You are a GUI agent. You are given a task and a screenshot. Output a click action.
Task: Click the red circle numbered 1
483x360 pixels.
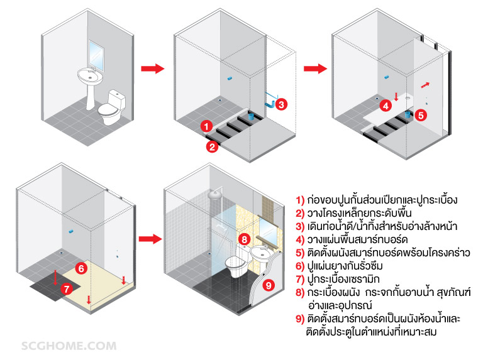tap(206, 126)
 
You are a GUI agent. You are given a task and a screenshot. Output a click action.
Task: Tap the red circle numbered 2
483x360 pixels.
tap(213, 146)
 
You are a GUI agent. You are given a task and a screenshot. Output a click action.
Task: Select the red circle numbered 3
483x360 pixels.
tap(281, 104)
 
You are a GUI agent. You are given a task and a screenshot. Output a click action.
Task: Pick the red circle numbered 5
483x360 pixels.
tap(421, 115)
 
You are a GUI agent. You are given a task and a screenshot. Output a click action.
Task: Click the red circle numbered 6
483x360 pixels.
tap(80, 268)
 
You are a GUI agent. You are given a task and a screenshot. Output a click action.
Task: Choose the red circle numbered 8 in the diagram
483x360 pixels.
tap(245, 239)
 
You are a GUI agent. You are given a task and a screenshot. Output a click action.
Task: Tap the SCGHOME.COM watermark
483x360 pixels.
tap(69, 346)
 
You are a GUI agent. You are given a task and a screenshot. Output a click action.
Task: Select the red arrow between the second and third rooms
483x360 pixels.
tap(315, 68)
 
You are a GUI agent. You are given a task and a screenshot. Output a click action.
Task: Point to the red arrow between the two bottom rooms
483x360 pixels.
tap(150, 239)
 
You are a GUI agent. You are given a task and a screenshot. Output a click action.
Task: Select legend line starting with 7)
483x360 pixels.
tap(352, 279)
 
